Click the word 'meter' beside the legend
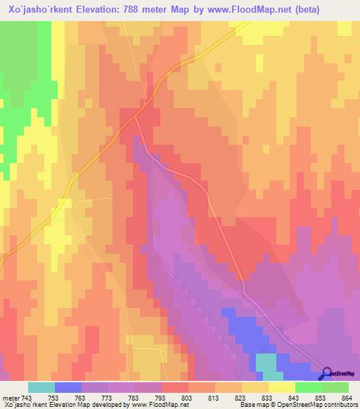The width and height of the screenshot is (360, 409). [11, 398]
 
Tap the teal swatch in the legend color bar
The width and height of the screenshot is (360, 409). [41, 387]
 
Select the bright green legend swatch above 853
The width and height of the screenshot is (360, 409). [309, 387]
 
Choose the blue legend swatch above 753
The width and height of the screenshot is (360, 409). [68, 387]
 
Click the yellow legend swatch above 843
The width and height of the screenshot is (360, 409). [282, 387]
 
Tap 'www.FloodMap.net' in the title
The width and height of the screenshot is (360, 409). [263, 10]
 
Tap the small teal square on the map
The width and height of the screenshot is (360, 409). [266, 363]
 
